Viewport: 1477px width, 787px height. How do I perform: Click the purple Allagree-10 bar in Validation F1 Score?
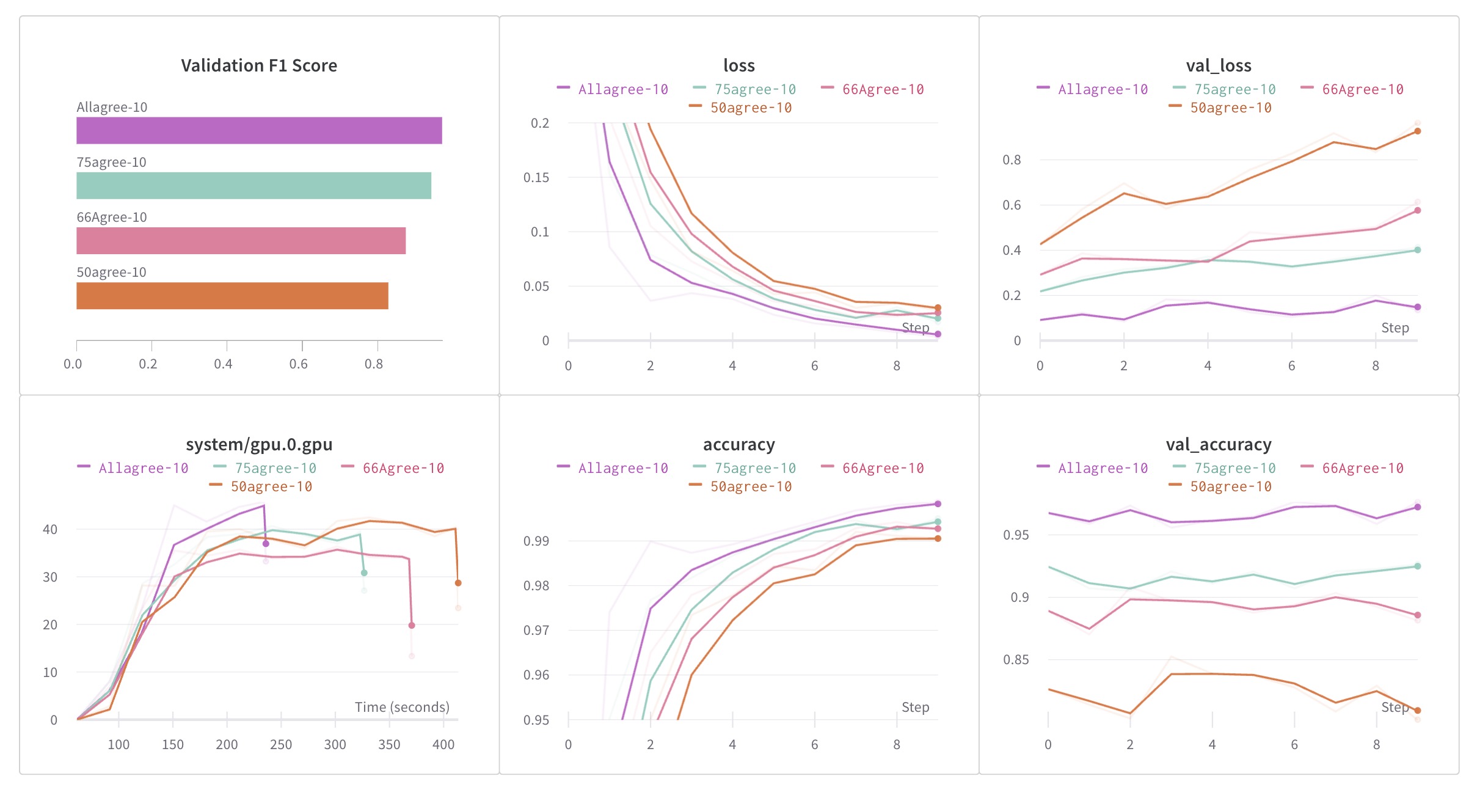pos(259,130)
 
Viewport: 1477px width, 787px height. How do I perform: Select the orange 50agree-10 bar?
pos(232,296)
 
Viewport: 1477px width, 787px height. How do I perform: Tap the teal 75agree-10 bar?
pos(253,186)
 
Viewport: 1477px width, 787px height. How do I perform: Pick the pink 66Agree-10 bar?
pos(241,241)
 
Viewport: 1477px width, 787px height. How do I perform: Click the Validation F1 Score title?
pos(259,65)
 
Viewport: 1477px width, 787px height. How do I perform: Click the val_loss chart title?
pos(1219,65)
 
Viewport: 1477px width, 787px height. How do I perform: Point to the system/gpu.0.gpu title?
pos(259,444)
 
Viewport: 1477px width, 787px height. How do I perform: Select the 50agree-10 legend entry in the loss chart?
pos(751,108)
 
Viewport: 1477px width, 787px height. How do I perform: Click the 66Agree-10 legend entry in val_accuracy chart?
pos(1362,469)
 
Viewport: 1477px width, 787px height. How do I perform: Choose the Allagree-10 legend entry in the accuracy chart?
pos(622,469)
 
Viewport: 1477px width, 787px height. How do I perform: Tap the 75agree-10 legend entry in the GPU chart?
pos(275,469)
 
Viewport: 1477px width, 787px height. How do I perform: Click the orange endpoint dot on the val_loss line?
pos(1418,131)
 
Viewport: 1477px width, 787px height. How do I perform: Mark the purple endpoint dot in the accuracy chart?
pos(938,504)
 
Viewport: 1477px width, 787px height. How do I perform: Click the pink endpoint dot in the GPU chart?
pos(412,625)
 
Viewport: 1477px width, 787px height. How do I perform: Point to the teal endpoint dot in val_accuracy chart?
pos(1418,566)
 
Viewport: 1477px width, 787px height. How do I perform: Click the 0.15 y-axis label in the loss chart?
pos(536,178)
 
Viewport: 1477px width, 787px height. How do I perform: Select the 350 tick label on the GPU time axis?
pos(389,745)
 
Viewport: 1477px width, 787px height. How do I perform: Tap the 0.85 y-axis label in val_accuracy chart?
pos(1015,660)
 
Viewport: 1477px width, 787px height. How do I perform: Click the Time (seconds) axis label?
pos(402,708)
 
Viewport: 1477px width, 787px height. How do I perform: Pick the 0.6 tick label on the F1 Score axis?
pos(299,364)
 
